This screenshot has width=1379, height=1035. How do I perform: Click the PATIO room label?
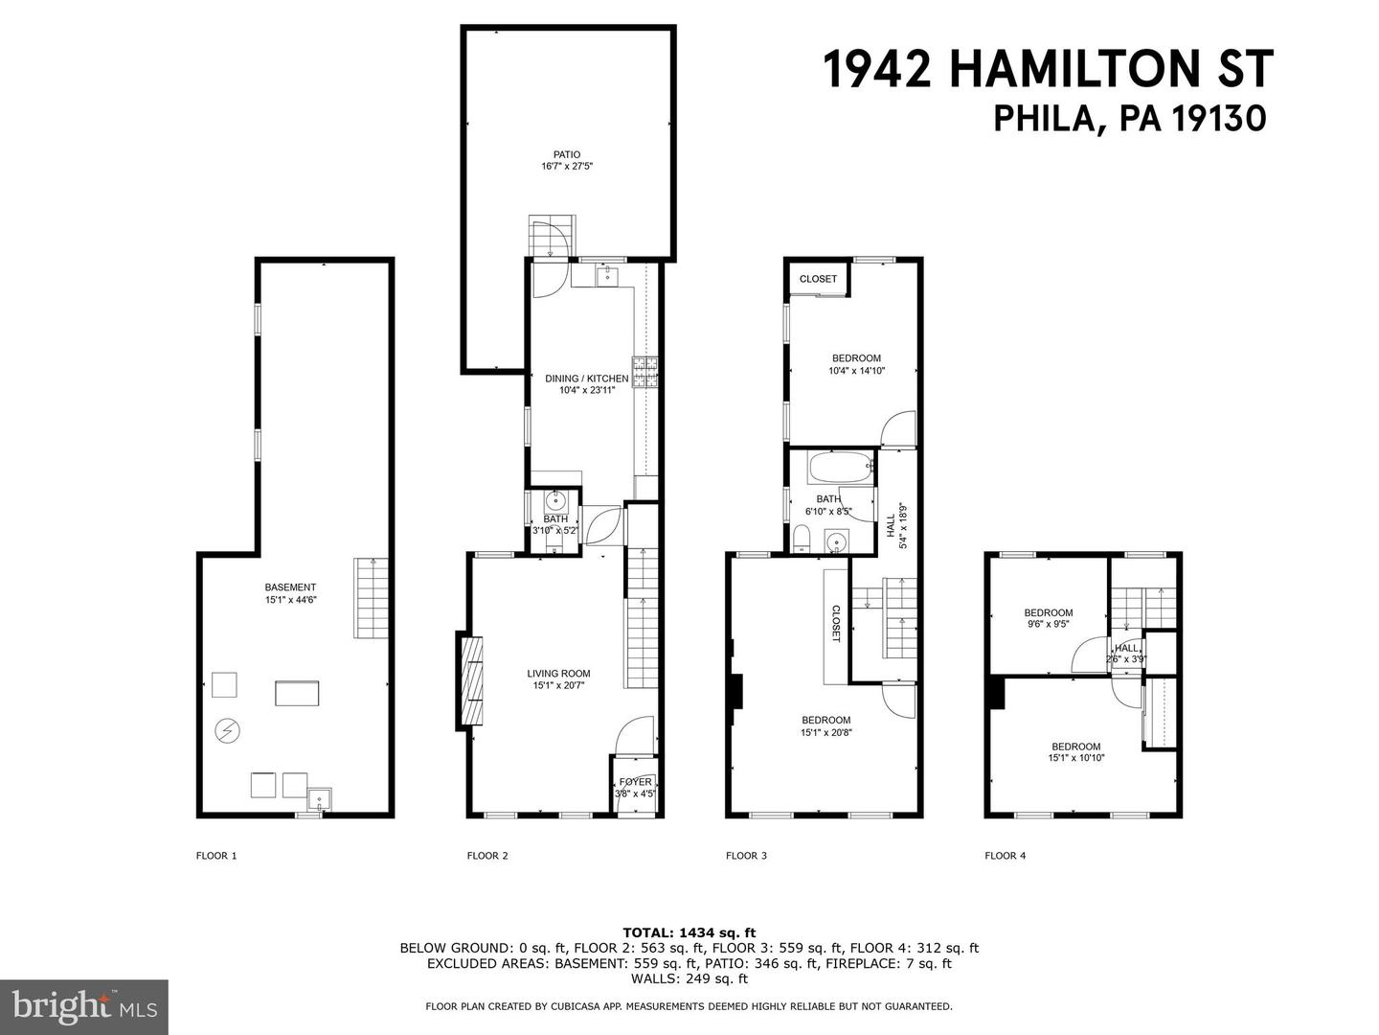pyautogui.click(x=567, y=154)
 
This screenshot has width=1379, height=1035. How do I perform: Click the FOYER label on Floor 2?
pyautogui.click(x=636, y=782)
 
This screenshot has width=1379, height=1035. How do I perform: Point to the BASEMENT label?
pyautogui.click(x=290, y=587)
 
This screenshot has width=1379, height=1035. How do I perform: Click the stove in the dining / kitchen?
pyautogui.click(x=648, y=371)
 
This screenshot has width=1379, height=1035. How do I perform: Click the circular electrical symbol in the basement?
pyautogui.click(x=228, y=731)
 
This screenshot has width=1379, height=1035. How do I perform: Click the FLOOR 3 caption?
pyautogui.click(x=746, y=856)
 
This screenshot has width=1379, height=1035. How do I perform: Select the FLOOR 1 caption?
pyautogui.click(x=215, y=856)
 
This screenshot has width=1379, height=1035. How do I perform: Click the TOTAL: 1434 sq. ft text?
pyautogui.click(x=689, y=931)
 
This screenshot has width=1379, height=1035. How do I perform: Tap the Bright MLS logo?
pyautogui.click(x=84, y=1006)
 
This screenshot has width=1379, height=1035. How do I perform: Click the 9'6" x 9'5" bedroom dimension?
pyautogui.click(x=1048, y=624)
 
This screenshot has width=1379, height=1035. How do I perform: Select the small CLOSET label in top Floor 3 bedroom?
pyautogui.click(x=818, y=279)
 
